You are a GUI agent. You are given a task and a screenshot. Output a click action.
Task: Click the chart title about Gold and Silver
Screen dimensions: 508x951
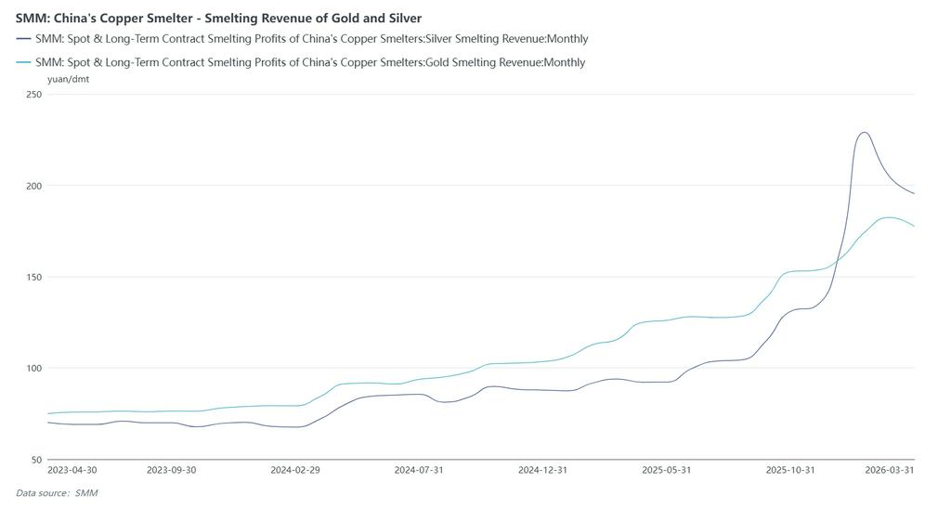coord(218,18)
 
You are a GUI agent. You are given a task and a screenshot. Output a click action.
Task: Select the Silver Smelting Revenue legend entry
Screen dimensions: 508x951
coord(311,39)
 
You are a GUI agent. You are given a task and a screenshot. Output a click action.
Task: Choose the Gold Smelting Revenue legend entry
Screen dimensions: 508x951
coord(309,62)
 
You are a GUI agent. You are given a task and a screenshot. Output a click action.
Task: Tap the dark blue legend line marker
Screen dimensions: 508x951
coord(23,39)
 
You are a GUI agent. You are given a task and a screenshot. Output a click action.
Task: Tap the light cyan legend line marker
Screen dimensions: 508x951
coord(23,62)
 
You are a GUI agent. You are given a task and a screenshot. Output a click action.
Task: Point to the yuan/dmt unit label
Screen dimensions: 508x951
coord(68,79)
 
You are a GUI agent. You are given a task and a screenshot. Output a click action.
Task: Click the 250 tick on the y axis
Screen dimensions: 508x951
coord(33,95)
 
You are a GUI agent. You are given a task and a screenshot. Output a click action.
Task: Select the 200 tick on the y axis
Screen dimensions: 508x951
coord(33,186)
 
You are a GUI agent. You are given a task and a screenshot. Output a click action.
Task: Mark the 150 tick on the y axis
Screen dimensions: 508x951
coord(33,277)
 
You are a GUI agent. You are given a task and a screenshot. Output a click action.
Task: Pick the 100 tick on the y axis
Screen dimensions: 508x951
coord(33,368)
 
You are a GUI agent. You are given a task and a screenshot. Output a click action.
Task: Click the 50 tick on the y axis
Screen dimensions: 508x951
coord(35,459)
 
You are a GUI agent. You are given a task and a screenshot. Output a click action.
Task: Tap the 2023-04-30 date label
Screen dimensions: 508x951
coord(72,470)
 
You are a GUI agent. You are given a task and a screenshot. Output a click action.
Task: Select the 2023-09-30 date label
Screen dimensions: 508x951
coord(171,470)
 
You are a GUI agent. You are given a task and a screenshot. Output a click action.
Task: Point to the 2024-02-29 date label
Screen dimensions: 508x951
coord(294,470)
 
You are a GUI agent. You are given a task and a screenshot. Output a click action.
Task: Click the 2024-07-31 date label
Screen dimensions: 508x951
coord(419,470)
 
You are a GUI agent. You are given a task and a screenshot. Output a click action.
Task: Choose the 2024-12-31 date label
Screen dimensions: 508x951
coord(542,470)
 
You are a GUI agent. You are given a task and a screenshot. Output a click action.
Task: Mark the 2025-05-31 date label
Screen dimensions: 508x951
coord(666,470)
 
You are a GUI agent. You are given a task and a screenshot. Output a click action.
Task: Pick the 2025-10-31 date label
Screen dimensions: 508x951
coord(790,470)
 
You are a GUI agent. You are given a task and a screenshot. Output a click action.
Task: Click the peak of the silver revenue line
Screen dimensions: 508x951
coord(864,132)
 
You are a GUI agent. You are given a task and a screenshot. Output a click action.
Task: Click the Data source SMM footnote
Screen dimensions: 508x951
coord(57,493)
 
